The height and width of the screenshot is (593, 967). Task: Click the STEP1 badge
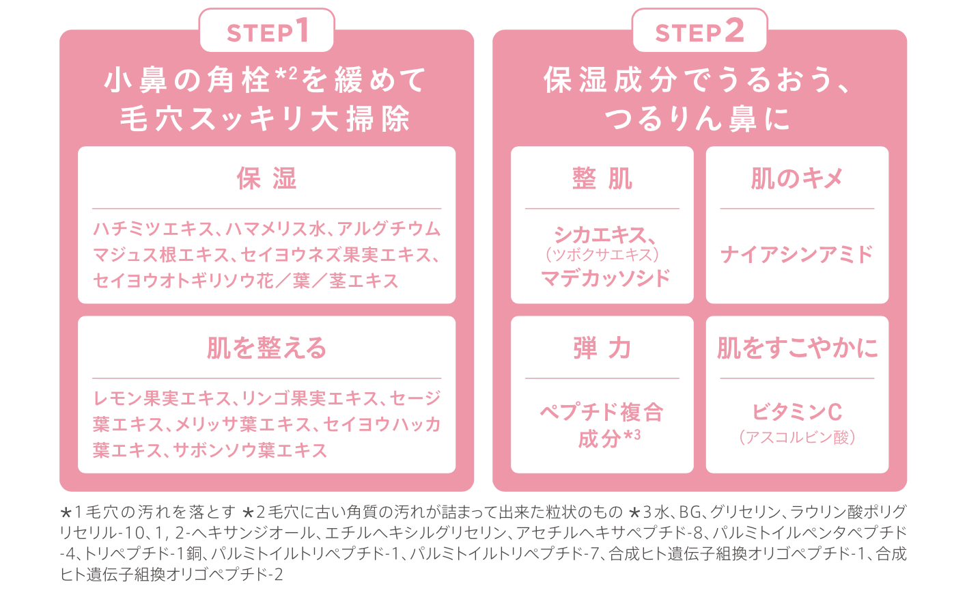point(266,31)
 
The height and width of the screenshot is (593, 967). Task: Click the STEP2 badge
point(699,31)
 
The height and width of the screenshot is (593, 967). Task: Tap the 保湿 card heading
point(266,179)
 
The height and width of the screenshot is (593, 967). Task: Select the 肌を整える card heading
point(266,348)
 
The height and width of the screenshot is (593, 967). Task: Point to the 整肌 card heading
point(602,179)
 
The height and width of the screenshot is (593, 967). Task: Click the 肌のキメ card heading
point(797,179)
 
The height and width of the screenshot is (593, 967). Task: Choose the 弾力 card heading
point(602,348)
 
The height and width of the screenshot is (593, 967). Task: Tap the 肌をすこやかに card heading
point(797,348)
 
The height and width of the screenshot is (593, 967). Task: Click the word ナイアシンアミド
point(797,255)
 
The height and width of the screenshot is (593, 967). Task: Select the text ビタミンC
point(797,412)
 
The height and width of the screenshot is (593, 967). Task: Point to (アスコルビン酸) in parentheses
point(797,437)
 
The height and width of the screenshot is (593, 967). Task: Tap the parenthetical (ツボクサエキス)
point(602,255)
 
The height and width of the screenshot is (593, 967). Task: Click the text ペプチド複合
point(602,412)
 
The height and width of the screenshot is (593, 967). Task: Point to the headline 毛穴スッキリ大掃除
point(265,120)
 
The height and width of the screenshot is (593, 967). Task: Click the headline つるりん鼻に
point(697,120)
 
